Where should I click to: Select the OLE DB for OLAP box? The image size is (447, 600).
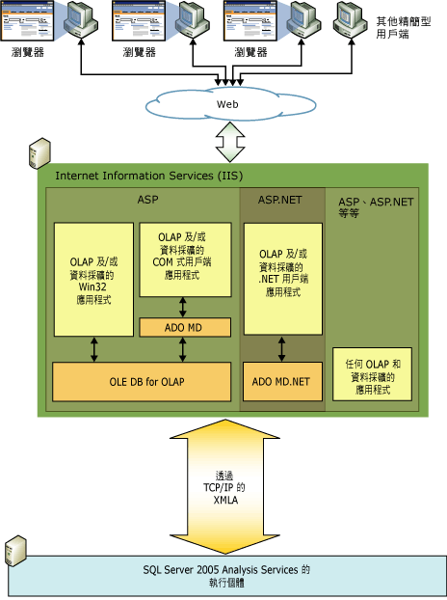tap(141, 381)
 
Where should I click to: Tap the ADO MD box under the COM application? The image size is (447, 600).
tap(185, 327)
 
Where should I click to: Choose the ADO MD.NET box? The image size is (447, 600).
tap(281, 381)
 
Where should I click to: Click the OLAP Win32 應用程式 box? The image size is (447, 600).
tap(93, 280)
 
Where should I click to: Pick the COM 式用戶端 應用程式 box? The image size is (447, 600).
tap(185, 260)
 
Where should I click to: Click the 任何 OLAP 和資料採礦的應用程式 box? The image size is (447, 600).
tap(373, 373)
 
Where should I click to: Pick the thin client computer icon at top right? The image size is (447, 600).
tap(353, 21)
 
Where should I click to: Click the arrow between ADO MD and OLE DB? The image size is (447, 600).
tap(185, 349)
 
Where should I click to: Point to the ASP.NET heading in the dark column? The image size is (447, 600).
tap(281, 199)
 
